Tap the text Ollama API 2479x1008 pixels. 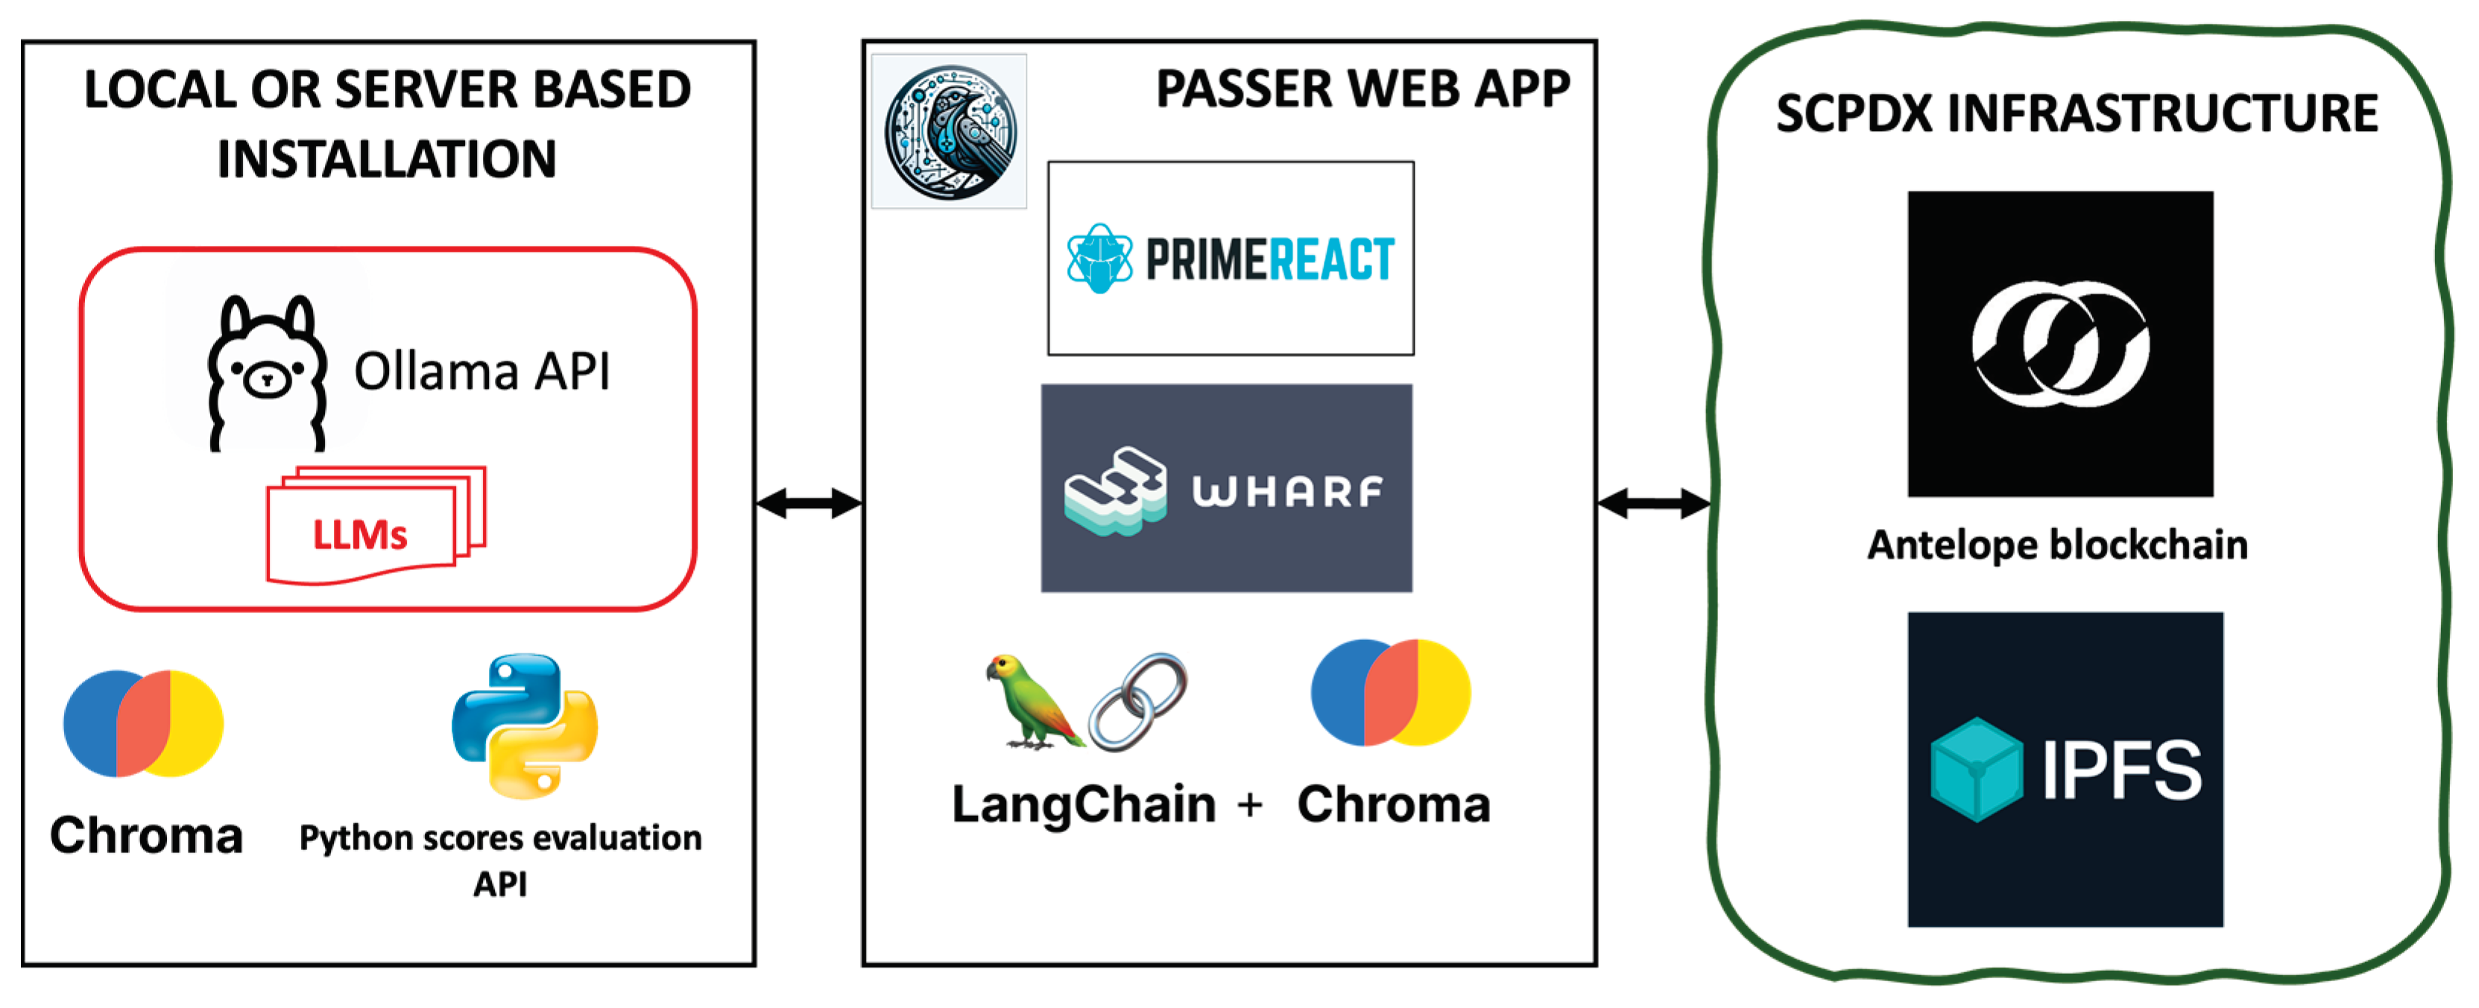tap(481, 371)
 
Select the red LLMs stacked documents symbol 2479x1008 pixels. tap(376, 526)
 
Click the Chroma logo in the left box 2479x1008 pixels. tap(143, 723)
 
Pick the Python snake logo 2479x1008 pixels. tap(525, 726)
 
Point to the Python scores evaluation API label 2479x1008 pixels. tap(500, 859)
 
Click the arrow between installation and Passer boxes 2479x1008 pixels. tap(809, 503)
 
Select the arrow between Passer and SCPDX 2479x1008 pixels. tap(1654, 503)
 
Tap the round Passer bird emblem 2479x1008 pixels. tap(950, 131)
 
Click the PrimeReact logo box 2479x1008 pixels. tap(1231, 259)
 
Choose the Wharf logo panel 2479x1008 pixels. tap(1227, 489)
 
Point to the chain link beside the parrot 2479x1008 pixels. tap(1138, 701)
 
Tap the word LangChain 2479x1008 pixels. tap(1084, 804)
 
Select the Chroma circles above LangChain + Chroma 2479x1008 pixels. tap(1391, 693)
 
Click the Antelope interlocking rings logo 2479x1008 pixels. tap(2060, 343)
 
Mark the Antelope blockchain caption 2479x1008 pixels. tap(2057, 545)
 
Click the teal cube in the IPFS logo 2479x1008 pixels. tap(1977, 770)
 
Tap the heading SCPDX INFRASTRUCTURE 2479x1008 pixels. tap(2077, 113)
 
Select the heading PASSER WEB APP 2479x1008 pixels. tap(1362, 89)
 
